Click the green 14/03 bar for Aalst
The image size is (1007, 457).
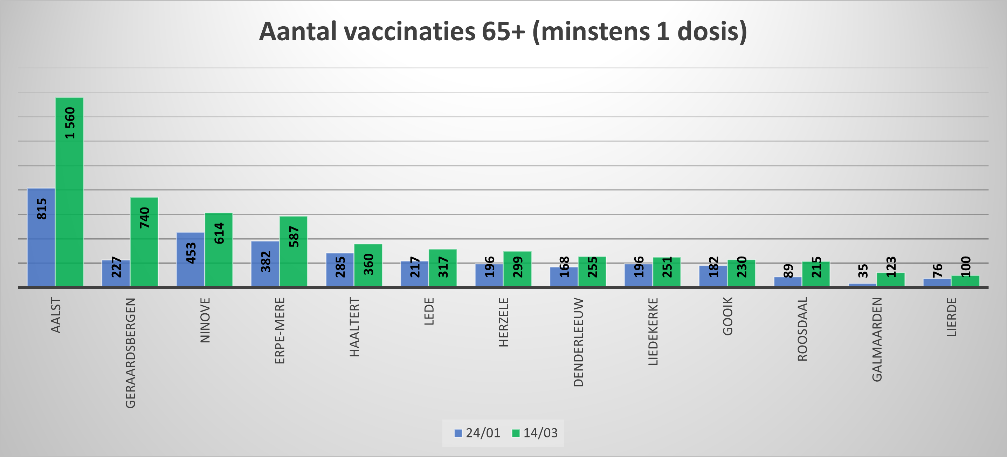pos(69,192)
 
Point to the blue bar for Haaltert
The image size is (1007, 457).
pos(340,270)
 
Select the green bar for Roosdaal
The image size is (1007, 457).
pos(816,274)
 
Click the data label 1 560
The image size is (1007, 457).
pos(70,123)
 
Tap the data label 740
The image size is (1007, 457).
pos(145,218)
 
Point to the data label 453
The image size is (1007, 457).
pos(191,253)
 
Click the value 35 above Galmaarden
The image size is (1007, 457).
pos(863,271)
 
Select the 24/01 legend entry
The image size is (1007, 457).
pos(477,433)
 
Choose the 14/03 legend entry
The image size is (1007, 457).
pos(535,433)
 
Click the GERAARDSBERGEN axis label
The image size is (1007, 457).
pos(130,353)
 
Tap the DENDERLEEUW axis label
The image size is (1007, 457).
pos(578,342)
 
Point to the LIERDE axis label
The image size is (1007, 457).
pos(952,317)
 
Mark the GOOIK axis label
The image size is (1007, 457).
pos(727,316)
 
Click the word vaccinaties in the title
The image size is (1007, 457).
pos(409,31)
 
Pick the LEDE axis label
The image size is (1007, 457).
pos(429,312)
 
